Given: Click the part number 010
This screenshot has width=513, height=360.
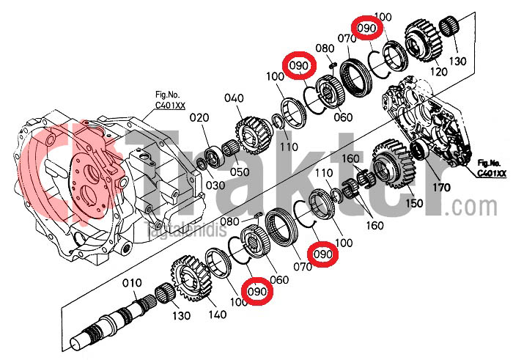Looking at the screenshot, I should click(131, 283).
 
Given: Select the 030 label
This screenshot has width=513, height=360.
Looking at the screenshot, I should click(215, 185).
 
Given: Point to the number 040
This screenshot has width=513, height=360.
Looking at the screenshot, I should click(234, 98).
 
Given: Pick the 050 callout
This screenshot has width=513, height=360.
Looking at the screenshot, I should click(240, 172).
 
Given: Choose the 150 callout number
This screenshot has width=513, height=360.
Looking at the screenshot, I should click(414, 203).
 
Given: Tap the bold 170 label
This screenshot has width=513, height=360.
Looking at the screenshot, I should click(440, 188).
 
